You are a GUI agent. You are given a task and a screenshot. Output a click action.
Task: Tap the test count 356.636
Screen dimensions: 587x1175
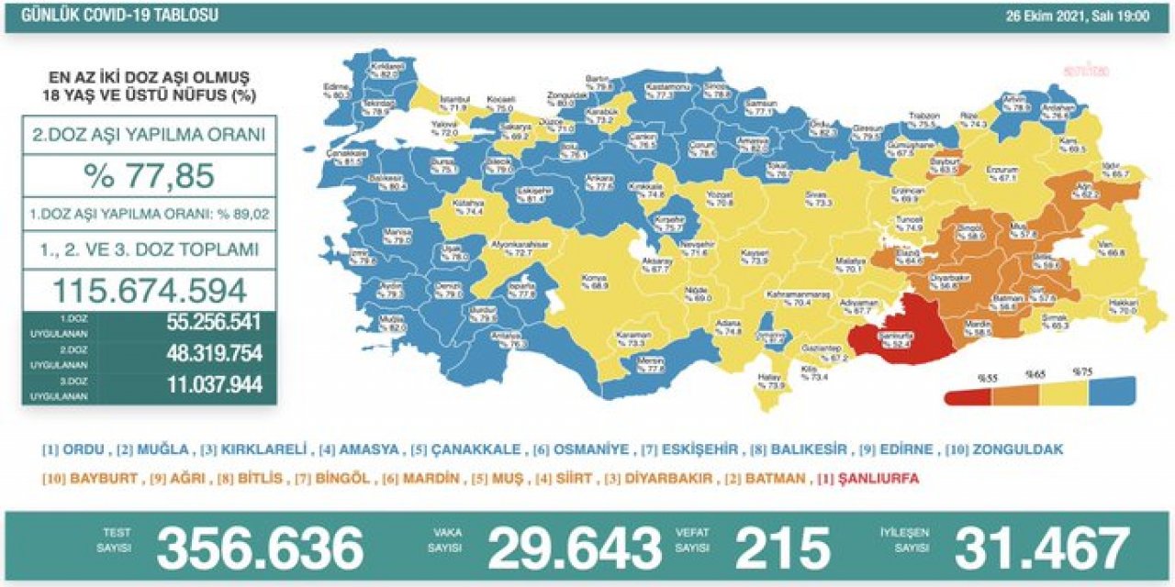coord(260,548)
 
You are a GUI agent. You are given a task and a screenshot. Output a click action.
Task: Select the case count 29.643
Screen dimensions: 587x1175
coord(574,548)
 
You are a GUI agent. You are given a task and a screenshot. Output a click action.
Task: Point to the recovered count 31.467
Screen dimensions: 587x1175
coord(1041,548)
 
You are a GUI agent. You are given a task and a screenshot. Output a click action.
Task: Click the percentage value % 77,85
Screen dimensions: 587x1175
coord(149,174)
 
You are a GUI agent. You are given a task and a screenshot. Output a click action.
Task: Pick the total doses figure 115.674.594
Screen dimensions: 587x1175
coord(149,290)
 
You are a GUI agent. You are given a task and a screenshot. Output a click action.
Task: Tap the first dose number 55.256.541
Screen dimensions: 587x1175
coord(214,323)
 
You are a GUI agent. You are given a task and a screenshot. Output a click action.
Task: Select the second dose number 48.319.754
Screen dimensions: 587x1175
coord(214,354)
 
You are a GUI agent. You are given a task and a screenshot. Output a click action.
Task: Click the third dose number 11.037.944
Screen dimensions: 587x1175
coord(214,385)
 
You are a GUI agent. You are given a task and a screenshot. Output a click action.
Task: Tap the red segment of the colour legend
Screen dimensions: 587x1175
coord(968,392)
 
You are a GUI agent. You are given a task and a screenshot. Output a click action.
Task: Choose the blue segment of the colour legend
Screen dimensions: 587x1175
coord(1111,392)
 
